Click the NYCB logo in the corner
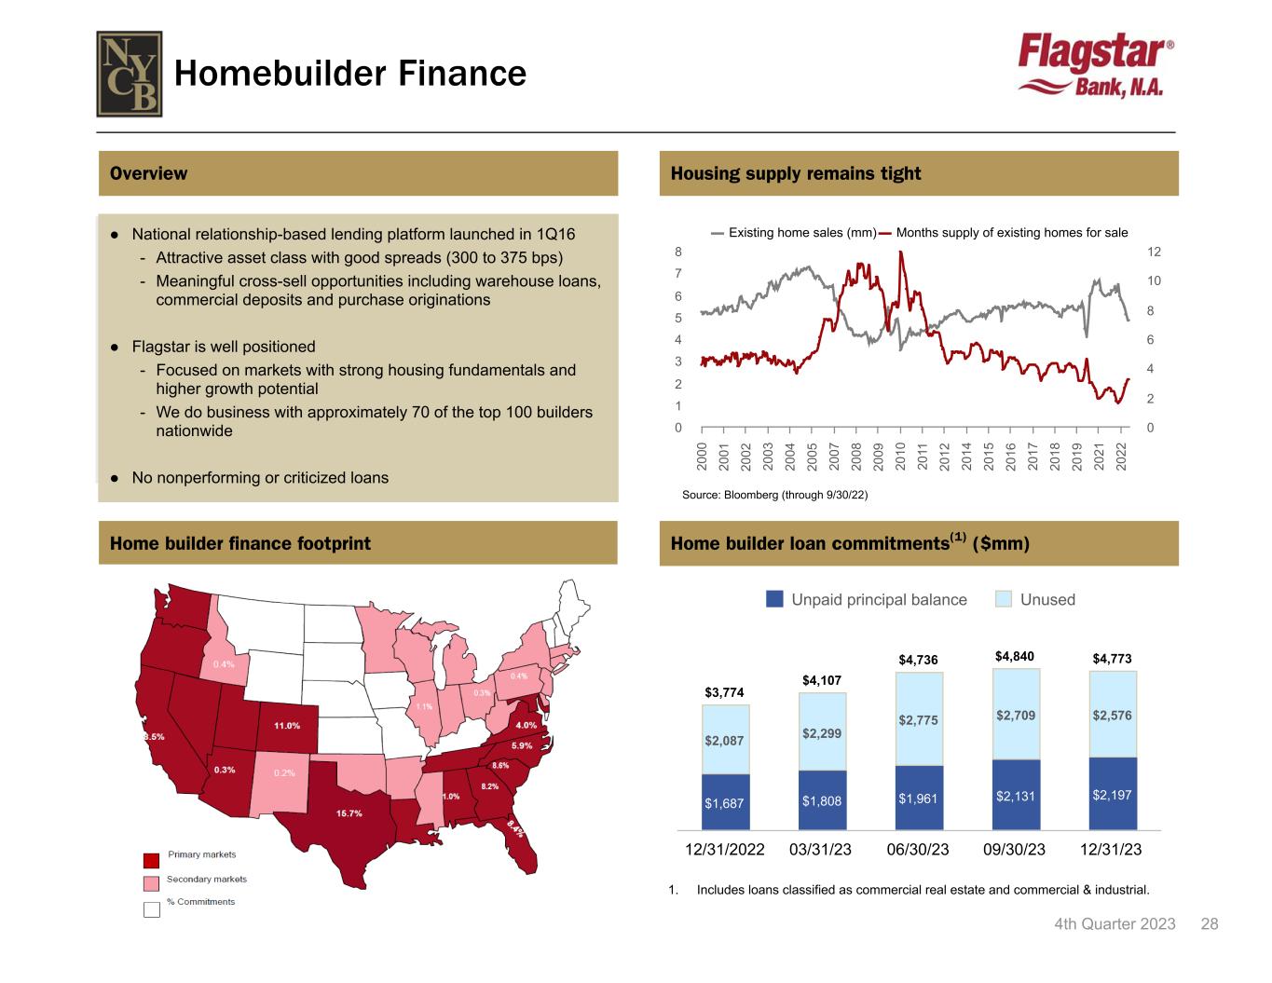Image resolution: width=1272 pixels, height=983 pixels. [130, 74]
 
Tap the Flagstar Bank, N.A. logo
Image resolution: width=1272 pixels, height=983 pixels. [1095, 66]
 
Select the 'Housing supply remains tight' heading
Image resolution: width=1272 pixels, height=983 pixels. [795, 173]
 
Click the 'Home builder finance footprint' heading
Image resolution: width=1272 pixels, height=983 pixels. [239, 543]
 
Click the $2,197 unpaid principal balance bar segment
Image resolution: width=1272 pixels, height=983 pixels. [1113, 795]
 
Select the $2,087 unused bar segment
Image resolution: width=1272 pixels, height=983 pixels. [725, 741]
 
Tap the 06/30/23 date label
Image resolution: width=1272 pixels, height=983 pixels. [918, 850]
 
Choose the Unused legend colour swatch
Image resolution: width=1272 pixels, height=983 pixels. [1004, 599]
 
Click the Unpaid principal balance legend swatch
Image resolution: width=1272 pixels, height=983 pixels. [774, 599]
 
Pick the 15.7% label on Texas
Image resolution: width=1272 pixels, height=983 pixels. [349, 813]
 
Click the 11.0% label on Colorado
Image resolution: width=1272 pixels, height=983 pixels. [287, 725]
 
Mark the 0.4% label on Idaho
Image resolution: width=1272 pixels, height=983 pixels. [224, 664]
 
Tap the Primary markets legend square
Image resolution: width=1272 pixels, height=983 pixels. [152, 859]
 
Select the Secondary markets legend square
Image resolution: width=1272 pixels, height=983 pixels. [152, 882]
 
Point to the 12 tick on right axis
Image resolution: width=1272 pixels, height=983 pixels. [1154, 253]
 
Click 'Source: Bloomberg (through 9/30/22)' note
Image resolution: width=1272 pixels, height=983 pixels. [774, 495]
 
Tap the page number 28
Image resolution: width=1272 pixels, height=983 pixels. [1209, 923]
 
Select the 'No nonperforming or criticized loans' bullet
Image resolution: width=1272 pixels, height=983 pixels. [260, 478]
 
